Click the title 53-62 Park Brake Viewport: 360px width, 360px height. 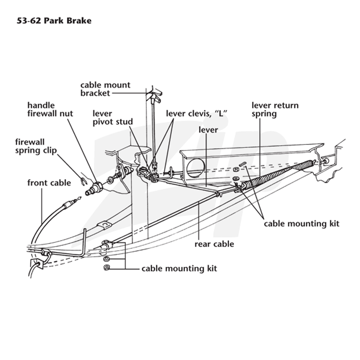pyautogui.click(x=54, y=21)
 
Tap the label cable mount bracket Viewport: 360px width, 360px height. pyautogui.click(x=105, y=89)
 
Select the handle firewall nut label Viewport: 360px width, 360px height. pyautogui.click(x=50, y=109)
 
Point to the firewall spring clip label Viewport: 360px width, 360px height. pyautogui.click(x=36, y=146)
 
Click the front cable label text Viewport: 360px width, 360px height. pyautogui.click(x=49, y=183)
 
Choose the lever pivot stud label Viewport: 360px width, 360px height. pyautogui.click(x=112, y=117)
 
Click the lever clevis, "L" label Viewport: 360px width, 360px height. pyautogui.click(x=197, y=113)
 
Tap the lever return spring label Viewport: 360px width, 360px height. pyautogui.click(x=275, y=109)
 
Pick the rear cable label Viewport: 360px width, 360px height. pyautogui.click(x=214, y=244)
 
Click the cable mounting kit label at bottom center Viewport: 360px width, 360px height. pyautogui.click(x=179, y=269)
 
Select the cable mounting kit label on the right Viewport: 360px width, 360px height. pyautogui.click(x=301, y=224)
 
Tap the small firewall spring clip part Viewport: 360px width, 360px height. pyautogui.click(x=84, y=181)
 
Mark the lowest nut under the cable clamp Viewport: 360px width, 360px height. pyautogui.click(x=107, y=267)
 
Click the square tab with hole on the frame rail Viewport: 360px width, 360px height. pyautogui.click(x=104, y=225)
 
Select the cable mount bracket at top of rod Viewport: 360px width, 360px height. pyautogui.click(x=154, y=96)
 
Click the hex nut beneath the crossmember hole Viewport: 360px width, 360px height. pyautogui.click(x=236, y=170)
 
